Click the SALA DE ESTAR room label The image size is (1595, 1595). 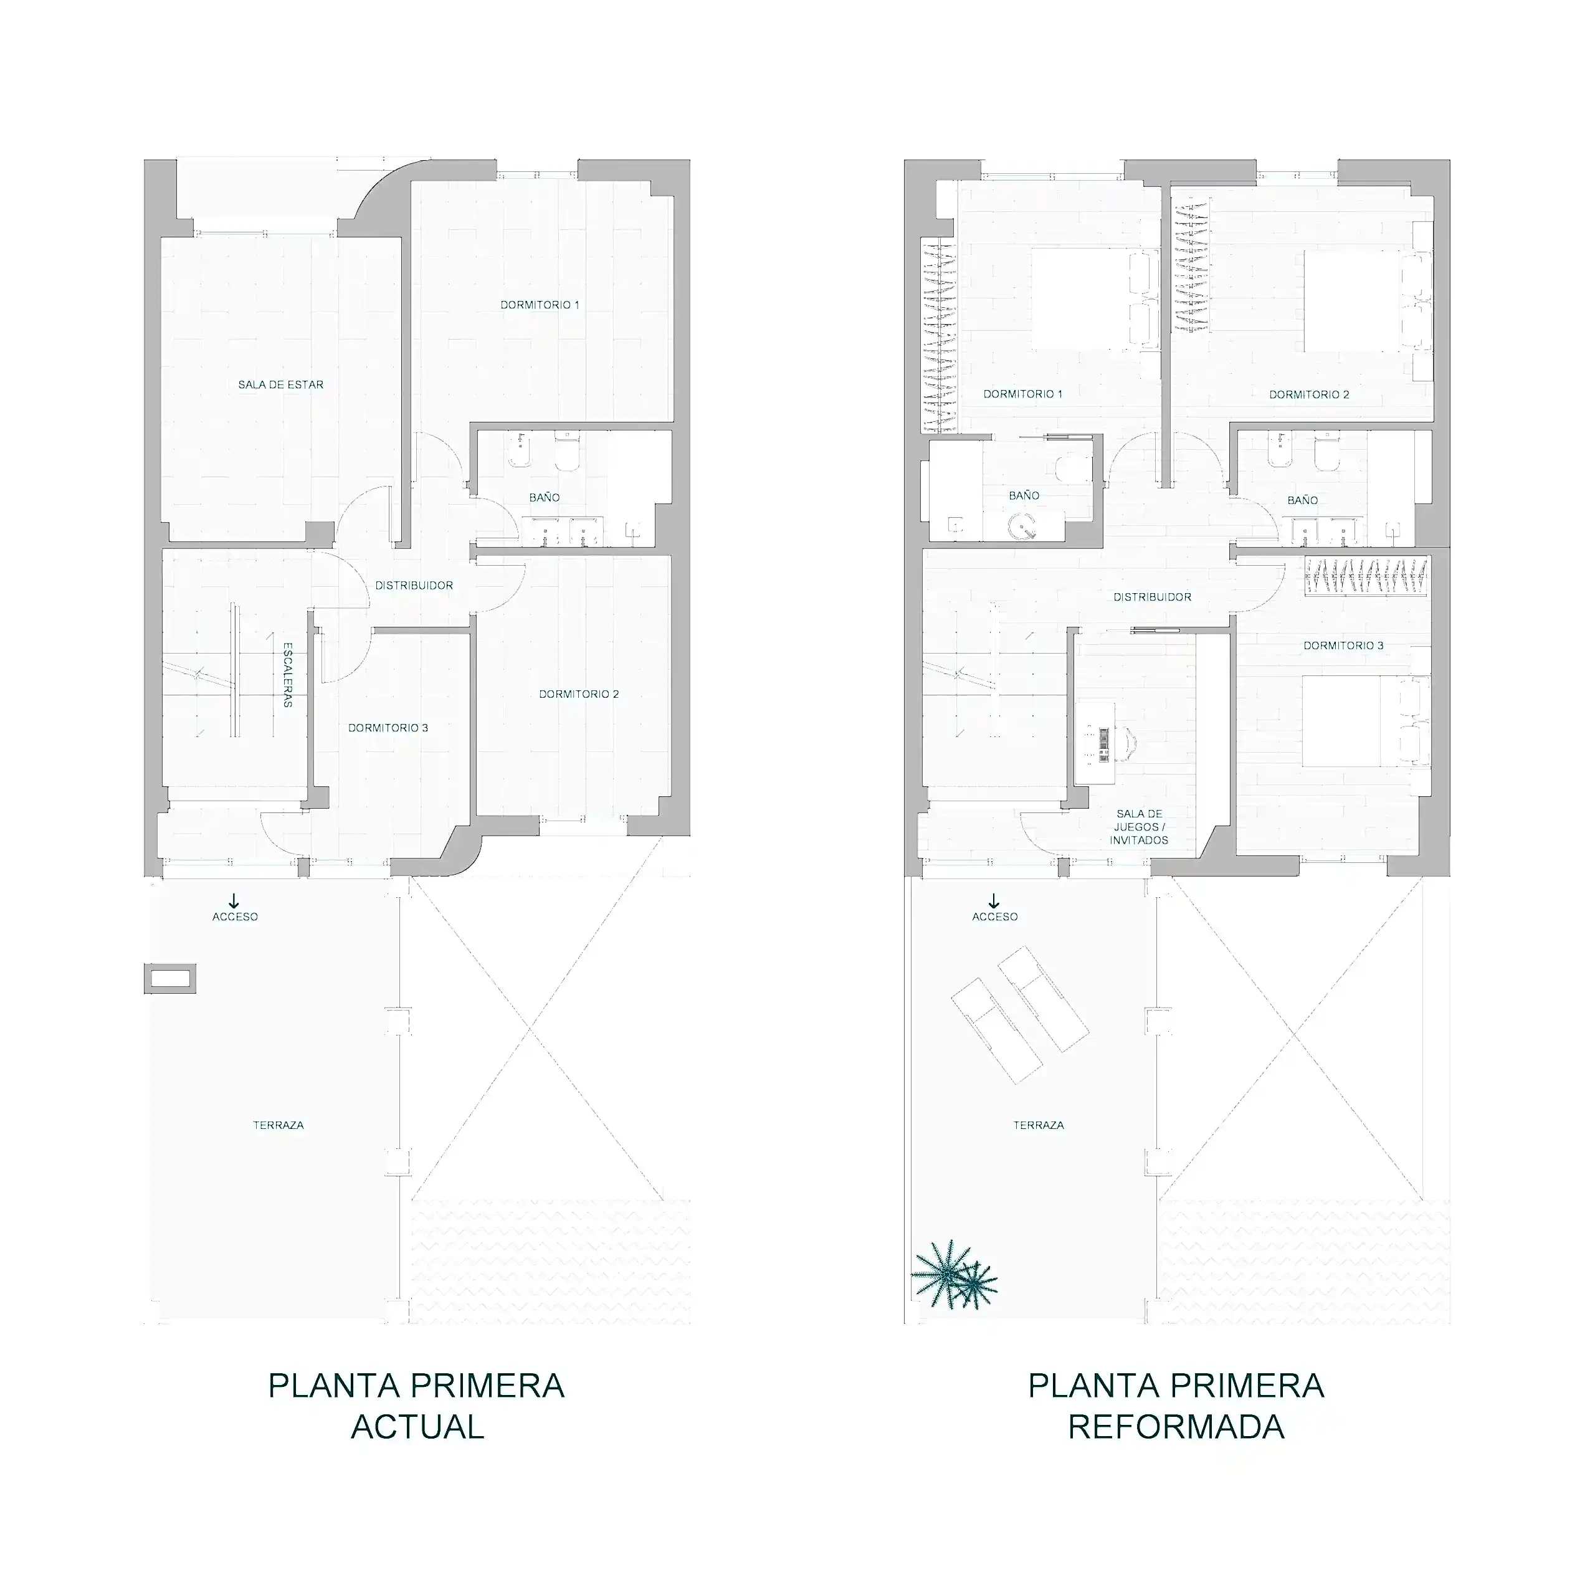(281, 384)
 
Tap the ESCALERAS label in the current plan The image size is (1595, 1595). (288, 675)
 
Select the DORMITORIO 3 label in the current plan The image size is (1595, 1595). (388, 728)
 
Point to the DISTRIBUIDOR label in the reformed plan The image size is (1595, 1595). (1153, 597)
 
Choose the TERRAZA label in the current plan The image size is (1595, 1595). (279, 1125)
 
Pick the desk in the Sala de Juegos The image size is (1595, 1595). (1095, 744)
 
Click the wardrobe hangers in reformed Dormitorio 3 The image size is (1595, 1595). (1366, 576)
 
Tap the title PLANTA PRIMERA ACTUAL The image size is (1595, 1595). (417, 1406)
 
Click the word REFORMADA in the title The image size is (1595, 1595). (1176, 1427)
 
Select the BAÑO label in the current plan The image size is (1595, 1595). (544, 498)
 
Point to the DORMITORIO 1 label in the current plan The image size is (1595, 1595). (540, 305)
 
